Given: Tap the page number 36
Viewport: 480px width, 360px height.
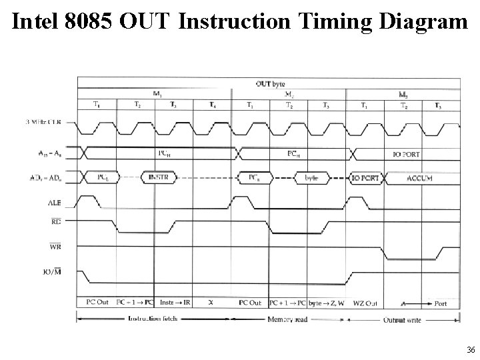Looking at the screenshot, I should pos(471,350).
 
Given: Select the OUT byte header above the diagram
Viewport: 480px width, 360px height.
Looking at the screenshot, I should pos(269,83).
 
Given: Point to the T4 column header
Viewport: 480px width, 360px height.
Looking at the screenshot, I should pos(212,105).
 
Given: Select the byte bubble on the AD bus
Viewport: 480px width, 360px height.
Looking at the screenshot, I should pos(311,178).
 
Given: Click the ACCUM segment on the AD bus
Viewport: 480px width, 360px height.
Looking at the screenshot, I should pos(419,178).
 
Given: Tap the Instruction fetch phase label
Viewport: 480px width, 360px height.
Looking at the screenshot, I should pos(156,319).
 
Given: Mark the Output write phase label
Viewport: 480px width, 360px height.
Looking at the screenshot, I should pos(404,319).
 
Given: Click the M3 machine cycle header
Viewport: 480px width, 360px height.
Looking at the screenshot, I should pos(403,94).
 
